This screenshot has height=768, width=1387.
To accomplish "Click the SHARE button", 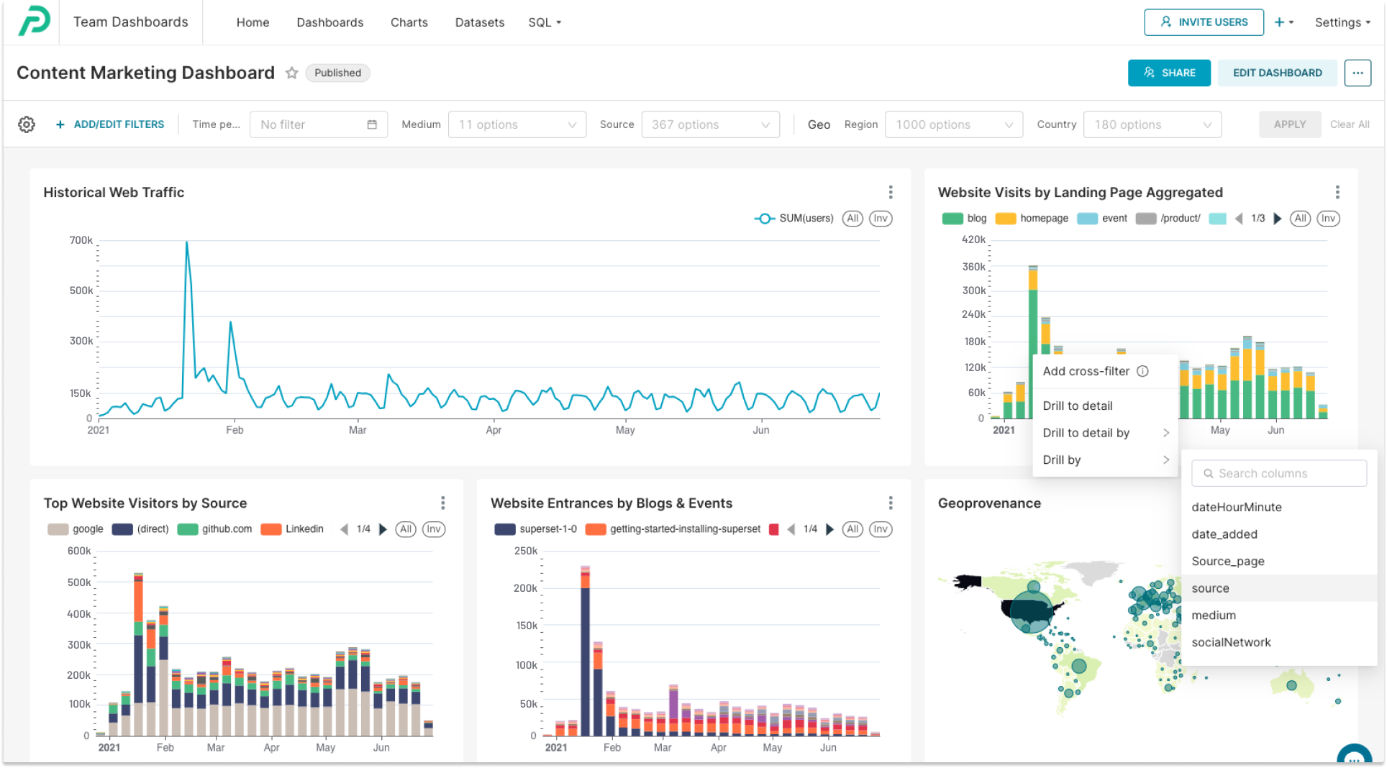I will click(1168, 73).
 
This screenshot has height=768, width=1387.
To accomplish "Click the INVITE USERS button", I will click(1204, 22).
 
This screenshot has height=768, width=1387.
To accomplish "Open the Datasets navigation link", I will click(479, 22).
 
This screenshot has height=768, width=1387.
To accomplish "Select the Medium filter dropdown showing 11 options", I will click(517, 124).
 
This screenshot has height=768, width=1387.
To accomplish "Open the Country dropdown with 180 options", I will click(1152, 124).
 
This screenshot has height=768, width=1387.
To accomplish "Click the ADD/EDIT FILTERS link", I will click(110, 124).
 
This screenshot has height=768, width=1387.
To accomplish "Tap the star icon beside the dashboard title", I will click(291, 73).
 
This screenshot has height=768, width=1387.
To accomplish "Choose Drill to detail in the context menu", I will click(1077, 406).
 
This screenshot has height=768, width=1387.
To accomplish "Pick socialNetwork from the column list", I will click(1230, 642).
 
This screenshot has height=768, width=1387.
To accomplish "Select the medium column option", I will click(1213, 615).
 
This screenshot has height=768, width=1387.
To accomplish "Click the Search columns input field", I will click(1278, 473).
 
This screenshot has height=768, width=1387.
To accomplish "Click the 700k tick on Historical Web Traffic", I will click(81, 240).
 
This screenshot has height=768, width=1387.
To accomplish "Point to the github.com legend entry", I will click(216, 529).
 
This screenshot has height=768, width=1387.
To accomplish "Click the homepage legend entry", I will click(1032, 219).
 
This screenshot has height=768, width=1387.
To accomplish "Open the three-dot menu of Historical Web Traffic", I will click(890, 192).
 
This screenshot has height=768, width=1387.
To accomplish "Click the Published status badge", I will click(337, 73).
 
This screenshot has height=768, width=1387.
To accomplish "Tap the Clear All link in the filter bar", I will click(1349, 124).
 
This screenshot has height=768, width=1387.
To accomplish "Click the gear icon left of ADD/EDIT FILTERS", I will click(27, 124).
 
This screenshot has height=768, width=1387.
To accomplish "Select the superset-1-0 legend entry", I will click(536, 529).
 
